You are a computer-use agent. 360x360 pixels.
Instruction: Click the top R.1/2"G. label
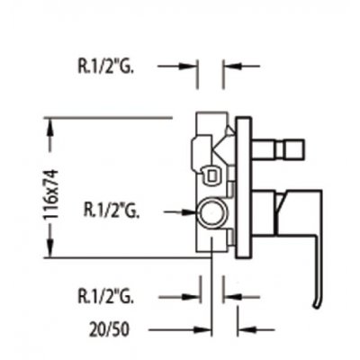tap(105, 66)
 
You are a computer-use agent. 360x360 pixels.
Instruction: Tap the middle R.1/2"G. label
tap(112, 211)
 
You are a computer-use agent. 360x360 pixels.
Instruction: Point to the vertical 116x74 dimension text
tap(50, 194)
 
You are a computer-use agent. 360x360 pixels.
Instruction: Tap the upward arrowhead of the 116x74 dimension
tap(51, 134)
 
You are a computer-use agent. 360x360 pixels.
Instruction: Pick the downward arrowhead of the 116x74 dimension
tap(51, 242)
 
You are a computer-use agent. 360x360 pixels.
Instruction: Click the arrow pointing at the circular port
tap(181, 212)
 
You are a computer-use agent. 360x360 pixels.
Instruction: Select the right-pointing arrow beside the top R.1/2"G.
tap(177, 67)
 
